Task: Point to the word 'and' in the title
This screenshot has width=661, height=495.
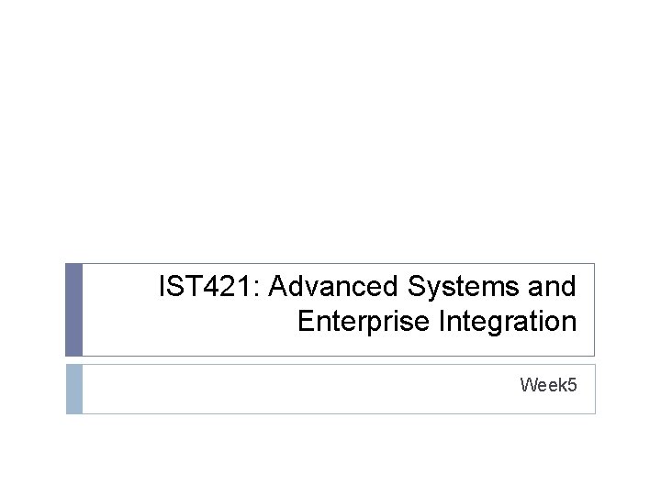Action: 553,287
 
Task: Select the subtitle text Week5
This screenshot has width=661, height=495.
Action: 548,385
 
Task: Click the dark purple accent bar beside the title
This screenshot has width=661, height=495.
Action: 73,309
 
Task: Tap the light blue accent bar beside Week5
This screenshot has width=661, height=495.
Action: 73,389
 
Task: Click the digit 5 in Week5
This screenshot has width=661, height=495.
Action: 572,385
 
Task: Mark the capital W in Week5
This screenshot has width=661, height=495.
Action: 529,385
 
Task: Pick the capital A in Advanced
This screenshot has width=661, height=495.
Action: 279,287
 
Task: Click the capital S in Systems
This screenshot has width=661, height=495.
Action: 415,287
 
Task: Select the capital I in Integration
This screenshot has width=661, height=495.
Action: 444,322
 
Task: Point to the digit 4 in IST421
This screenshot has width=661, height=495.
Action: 220,287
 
